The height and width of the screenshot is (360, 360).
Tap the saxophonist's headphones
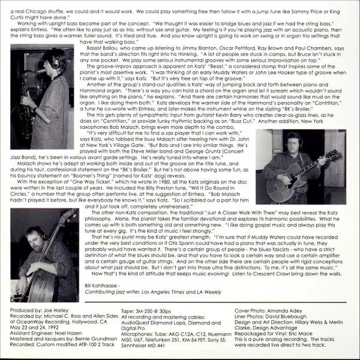56,61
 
